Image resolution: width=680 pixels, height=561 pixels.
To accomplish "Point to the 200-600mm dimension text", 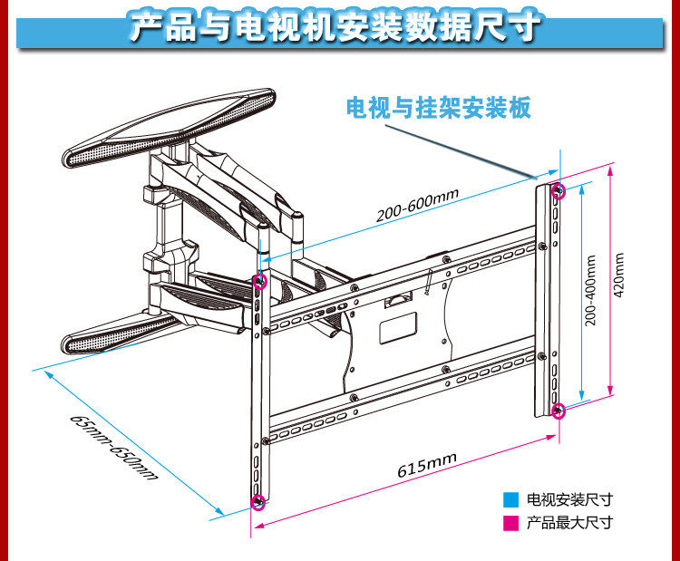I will (418, 208).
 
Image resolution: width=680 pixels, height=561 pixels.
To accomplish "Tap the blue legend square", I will (512, 499).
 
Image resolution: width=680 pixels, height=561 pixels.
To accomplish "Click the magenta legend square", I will (512, 523).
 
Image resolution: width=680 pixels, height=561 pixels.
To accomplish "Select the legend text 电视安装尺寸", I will (570, 499).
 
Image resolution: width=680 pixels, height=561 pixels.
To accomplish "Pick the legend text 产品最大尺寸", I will (570, 523).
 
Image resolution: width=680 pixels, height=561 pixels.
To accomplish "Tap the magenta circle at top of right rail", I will (559, 190).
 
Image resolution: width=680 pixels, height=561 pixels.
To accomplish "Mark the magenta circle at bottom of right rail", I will (559, 411).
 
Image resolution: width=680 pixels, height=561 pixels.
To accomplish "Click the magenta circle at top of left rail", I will (260, 282).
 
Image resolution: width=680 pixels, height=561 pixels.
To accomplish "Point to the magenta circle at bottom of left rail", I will (258, 501).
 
